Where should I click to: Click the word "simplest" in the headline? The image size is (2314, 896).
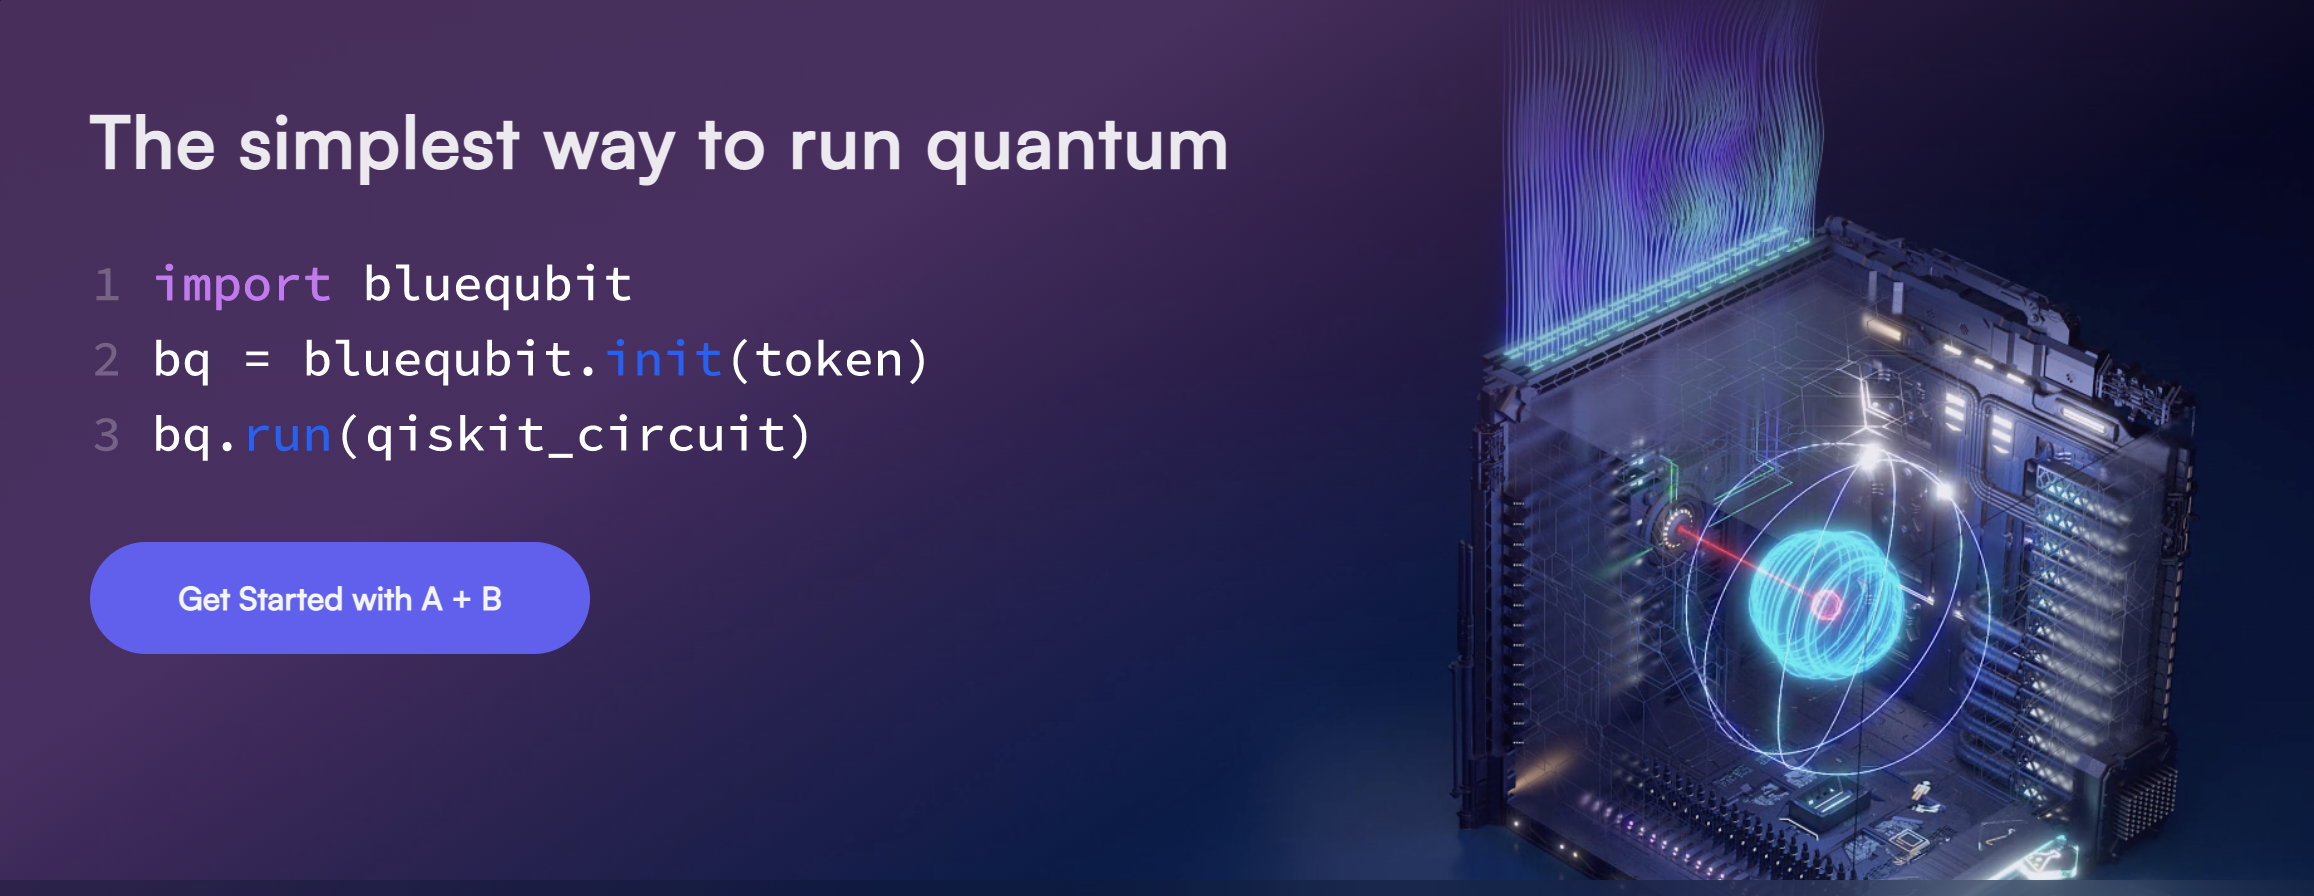pos(379,146)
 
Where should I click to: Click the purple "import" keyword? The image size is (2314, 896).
pos(242,285)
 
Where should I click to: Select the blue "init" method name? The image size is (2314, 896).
pos(664,358)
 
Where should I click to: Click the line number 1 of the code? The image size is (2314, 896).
pos(107,285)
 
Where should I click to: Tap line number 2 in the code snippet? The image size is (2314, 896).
pos(106,360)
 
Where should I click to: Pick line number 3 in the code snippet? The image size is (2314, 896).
pos(106,435)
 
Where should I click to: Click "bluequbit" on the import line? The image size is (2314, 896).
pos(497,285)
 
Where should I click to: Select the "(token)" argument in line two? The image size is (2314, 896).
pos(828,360)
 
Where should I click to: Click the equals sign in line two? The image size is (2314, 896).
pos(257,360)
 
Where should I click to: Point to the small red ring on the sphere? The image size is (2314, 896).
pos(1827,604)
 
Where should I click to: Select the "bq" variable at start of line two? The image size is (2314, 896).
pos(182,360)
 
